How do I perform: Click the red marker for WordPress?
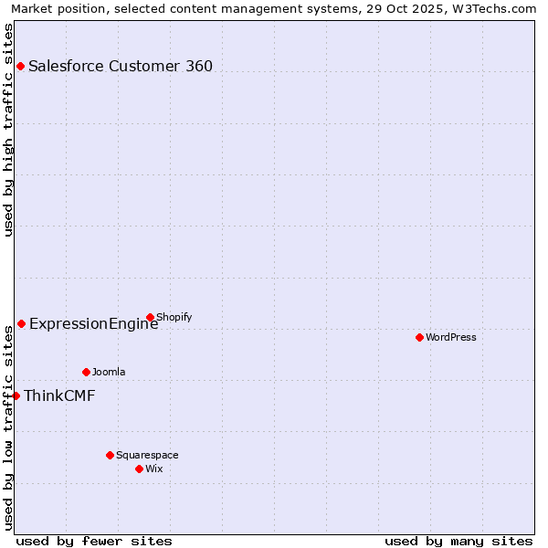coord(419,337)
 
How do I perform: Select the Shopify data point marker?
coord(150,317)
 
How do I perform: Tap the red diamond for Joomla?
coord(86,372)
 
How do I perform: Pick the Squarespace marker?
coord(110,455)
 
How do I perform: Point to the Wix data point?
coord(139,469)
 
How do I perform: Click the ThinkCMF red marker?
coord(16,395)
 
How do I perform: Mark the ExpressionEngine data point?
coord(21,323)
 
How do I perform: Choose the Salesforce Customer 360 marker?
coord(20,66)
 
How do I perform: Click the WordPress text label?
coord(451,337)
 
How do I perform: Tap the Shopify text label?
coord(174,317)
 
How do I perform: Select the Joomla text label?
coord(109,372)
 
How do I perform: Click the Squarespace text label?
coord(147,455)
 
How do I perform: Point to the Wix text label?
coord(154,469)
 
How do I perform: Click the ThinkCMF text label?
coord(59,395)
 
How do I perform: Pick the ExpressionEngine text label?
coord(94,323)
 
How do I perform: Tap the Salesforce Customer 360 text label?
coord(121,66)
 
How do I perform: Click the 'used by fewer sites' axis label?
coord(94,541)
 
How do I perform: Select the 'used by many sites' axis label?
coord(458,541)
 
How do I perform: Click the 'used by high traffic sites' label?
coord(8,130)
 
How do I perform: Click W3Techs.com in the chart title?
coord(493,8)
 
